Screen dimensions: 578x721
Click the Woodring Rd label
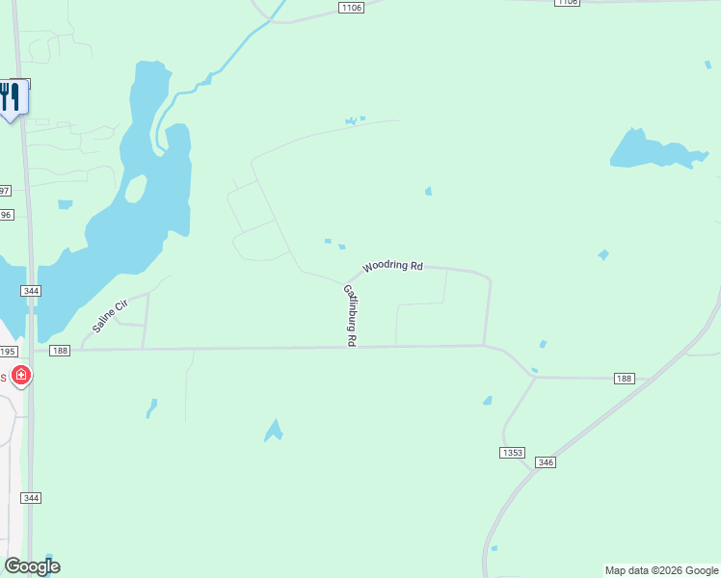(392, 266)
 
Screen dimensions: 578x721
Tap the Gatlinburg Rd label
(351, 315)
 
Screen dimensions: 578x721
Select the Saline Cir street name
(110, 316)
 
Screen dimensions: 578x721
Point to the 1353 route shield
(512, 452)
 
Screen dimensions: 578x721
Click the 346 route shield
(546, 462)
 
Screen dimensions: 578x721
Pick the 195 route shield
(8, 352)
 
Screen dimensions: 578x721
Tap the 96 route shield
(5, 215)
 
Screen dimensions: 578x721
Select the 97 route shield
(4, 191)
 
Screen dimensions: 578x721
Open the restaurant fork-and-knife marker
(11, 98)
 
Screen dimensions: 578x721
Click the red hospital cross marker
(20, 375)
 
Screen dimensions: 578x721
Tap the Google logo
(32, 566)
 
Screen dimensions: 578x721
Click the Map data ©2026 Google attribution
(661, 570)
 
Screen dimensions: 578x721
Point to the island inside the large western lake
(136, 188)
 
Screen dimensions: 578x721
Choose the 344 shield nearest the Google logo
(32, 497)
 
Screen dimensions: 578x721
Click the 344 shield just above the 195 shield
(32, 290)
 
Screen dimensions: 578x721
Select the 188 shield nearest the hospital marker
(61, 351)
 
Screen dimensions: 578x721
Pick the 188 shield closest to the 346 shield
(624, 379)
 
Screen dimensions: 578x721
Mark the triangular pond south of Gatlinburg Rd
(275, 431)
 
